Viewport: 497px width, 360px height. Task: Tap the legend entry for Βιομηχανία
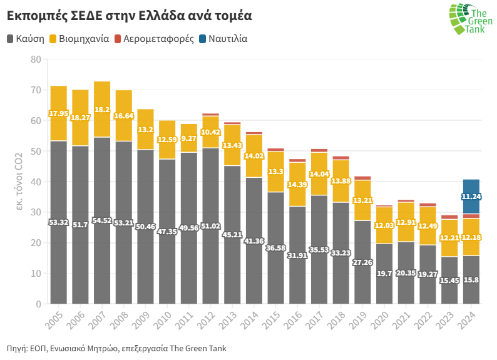click(78, 39)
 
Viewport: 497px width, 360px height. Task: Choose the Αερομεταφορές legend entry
click(153, 39)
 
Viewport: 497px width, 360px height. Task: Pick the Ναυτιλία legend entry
click(223, 39)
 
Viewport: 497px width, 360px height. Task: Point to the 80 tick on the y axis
click(35, 59)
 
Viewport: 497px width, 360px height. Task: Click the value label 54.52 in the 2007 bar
click(102, 221)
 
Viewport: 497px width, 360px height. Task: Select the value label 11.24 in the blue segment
click(471, 197)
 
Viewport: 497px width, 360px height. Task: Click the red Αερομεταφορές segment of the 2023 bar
click(449, 217)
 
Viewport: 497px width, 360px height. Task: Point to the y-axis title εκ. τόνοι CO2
click(19, 182)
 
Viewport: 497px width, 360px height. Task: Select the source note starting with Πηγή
click(116, 348)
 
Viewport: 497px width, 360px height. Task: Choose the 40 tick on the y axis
click(35, 182)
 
